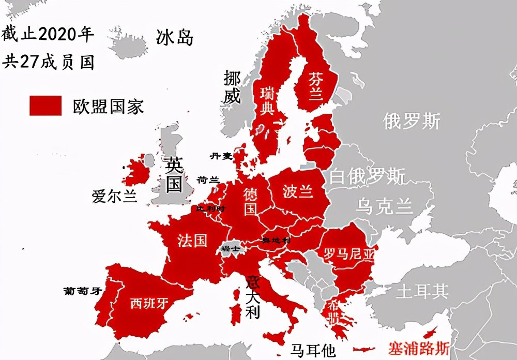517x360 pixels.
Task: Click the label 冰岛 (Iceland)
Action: click(175, 37)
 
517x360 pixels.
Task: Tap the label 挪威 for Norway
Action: click(232, 87)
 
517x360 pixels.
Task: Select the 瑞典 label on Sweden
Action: click(267, 101)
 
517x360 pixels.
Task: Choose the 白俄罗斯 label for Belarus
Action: click(368, 176)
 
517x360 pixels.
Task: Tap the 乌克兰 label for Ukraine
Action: click(384, 206)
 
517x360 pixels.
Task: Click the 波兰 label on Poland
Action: click(298, 191)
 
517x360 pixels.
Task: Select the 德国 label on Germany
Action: click(251, 201)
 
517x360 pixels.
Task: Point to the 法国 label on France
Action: click(192, 241)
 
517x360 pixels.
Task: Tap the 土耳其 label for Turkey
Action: click(421, 291)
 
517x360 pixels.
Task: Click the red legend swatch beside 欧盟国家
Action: click(45, 106)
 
